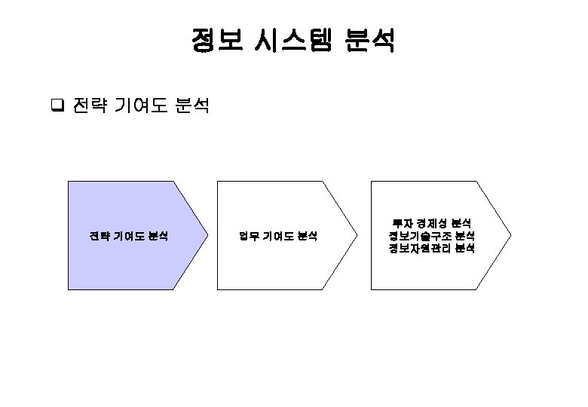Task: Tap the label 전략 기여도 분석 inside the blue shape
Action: point(128,236)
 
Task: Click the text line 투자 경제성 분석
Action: point(431,223)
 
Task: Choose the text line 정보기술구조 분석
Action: point(431,236)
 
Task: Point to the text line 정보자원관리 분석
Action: point(431,249)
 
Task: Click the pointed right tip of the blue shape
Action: point(207,235)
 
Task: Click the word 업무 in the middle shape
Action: point(249,236)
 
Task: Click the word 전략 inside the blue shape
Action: point(99,236)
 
